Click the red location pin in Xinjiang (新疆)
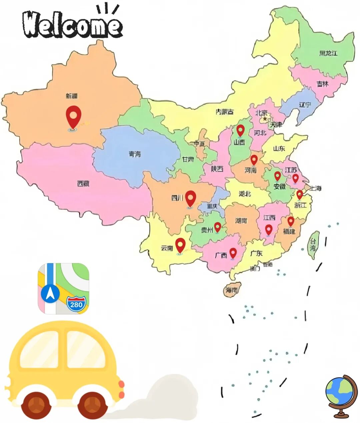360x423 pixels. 74,115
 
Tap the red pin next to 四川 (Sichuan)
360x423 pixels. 190,198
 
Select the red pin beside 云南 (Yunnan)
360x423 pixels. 180,245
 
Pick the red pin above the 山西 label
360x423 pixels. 240,130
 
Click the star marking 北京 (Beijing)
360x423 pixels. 265,118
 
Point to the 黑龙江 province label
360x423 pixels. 328,53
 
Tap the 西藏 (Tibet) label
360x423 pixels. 83,183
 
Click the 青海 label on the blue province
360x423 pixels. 135,154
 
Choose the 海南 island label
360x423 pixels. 232,290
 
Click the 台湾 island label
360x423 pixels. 313,245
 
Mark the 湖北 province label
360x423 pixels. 245,193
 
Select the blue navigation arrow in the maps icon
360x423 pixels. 50,294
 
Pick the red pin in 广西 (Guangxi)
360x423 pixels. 233,253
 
